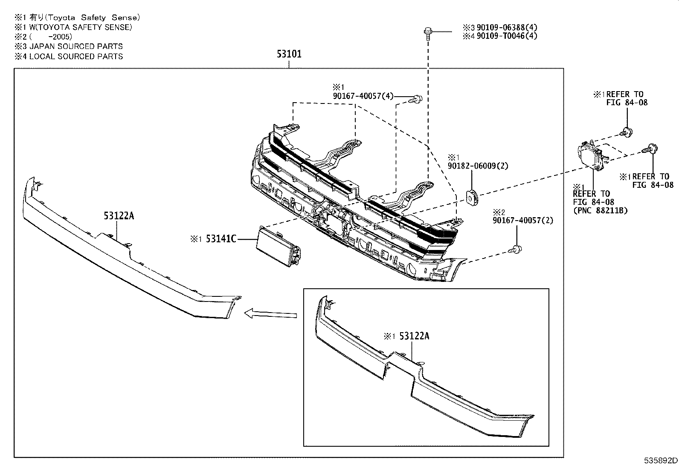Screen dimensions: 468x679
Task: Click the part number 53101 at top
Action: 289,54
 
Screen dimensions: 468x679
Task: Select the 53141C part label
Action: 221,239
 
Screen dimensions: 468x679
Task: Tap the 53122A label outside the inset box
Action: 119,216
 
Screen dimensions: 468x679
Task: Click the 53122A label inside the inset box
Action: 414,336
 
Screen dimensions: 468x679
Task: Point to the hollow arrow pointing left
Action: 270,314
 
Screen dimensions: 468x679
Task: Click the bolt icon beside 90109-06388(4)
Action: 427,32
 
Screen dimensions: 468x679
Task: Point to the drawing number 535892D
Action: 660,461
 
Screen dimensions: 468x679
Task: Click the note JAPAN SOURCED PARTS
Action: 75,46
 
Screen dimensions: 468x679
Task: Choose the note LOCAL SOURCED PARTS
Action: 75,56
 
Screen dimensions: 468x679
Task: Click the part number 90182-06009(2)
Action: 478,166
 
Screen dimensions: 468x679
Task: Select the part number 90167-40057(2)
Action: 522,221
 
